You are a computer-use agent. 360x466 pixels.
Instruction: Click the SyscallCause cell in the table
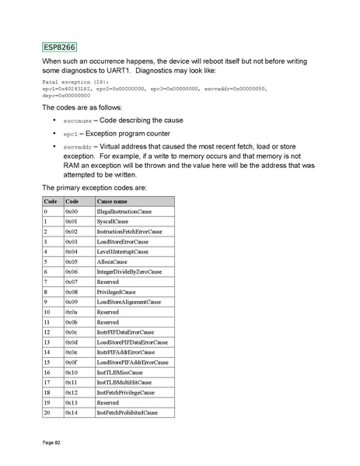coord(112,222)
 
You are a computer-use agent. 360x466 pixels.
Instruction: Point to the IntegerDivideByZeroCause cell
coord(128,272)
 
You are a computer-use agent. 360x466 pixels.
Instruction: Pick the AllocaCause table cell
coord(112,261)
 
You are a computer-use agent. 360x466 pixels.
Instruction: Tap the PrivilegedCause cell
coord(116,292)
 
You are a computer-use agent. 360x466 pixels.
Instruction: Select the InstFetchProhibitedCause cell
coord(127,412)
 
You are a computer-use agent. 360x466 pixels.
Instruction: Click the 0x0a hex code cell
coord(71,312)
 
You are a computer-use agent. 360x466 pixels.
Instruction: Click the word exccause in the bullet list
coord(77,122)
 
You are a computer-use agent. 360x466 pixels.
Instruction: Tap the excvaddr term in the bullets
coord(77,146)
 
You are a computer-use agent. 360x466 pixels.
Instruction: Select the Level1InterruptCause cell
coord(124,251)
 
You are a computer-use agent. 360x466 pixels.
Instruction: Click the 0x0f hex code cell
coord(71,362)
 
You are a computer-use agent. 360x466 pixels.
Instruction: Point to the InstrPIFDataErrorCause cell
coord(127,332)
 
